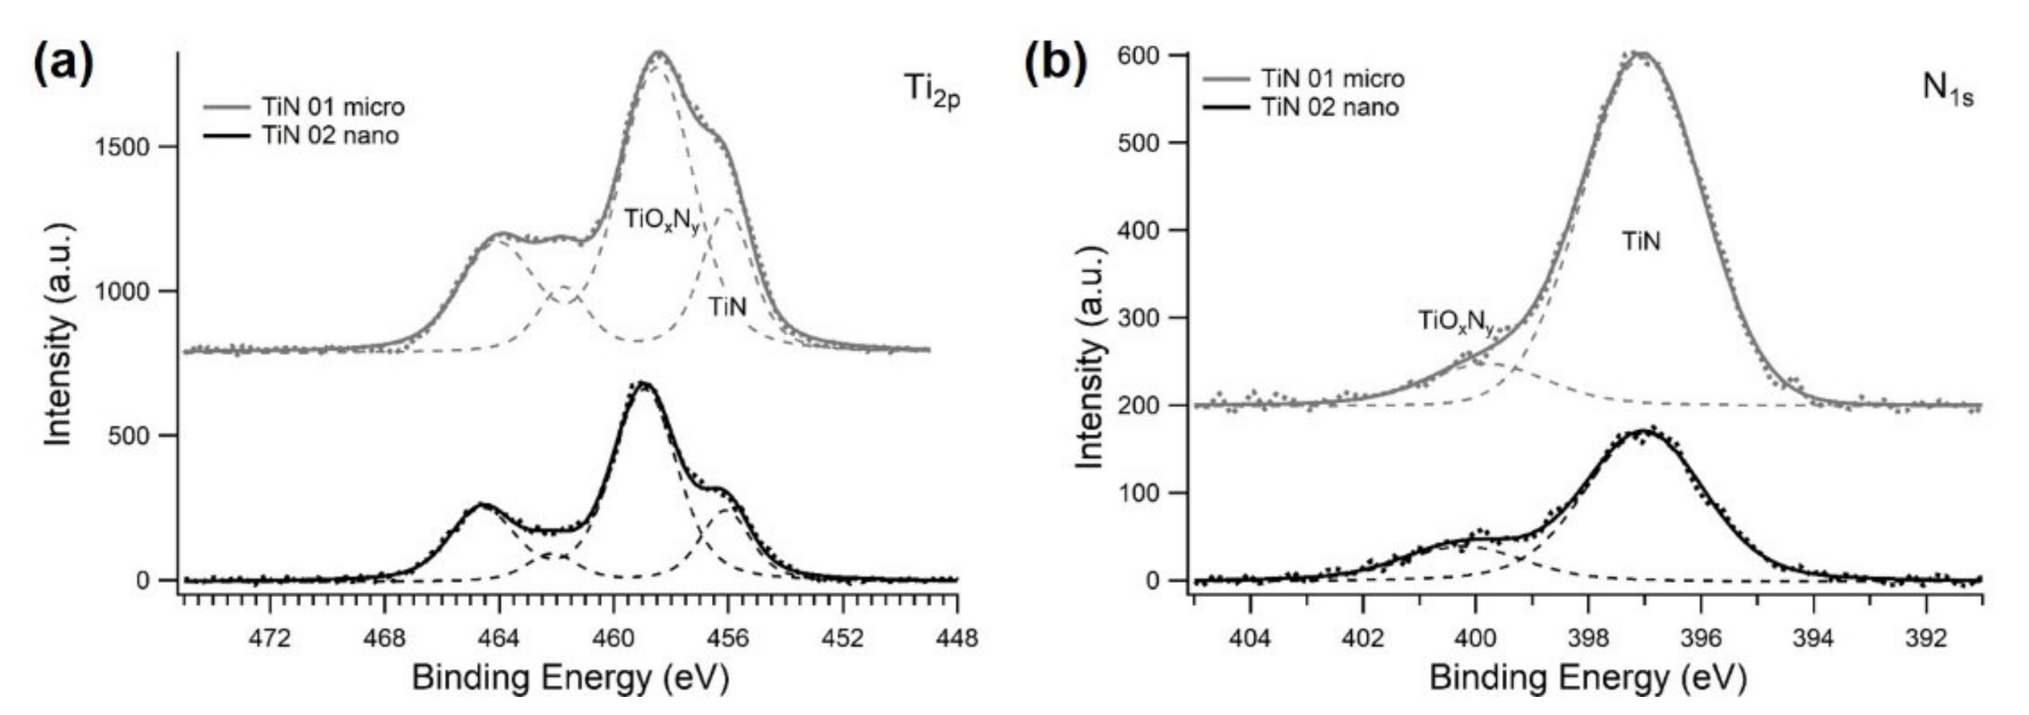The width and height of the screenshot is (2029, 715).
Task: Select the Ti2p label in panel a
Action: (931, 89)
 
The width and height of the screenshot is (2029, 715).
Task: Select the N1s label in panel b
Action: (1947, 89)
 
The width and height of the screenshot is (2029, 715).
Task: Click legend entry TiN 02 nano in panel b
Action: (1330, 107)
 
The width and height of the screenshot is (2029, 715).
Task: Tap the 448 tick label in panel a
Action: (957, 636)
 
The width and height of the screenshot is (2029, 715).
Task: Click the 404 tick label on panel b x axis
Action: (1250, 636)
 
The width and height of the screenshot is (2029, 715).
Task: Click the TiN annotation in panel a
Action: (726, 307)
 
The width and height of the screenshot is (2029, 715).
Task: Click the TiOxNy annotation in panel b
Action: (1455, 321)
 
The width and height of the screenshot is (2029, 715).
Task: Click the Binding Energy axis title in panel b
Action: (1587, 678)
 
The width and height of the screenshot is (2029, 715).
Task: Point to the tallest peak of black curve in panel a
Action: (644, 384)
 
